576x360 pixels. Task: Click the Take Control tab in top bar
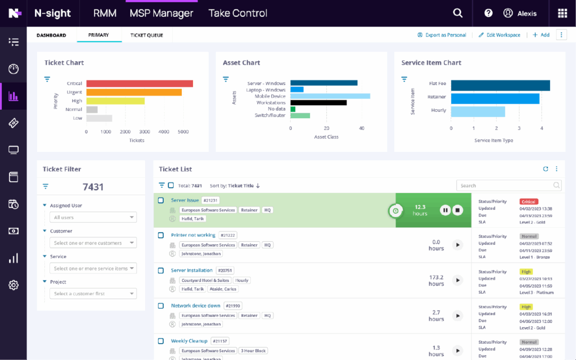coord(237,13)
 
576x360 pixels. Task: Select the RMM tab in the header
coord(105,13)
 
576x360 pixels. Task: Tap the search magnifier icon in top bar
coord(458,13)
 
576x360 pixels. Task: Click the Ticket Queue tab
coord(147,35)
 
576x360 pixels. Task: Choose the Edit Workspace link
coord(499,35)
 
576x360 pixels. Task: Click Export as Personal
coord(442,35)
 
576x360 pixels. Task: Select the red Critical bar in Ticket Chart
coord(139,83)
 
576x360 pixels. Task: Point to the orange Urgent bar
coord(134,92)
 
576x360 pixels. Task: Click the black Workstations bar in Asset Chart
coord(318,102)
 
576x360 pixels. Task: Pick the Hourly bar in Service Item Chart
coord(478,111)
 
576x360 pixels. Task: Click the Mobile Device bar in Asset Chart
coord(330,96)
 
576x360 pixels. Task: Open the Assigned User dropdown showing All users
coord(93,217)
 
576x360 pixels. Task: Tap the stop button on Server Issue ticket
coord(457,210)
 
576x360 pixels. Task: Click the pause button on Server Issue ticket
coord(445,210)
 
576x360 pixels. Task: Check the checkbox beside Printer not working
coord(161,235)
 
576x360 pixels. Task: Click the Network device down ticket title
coord(195,306)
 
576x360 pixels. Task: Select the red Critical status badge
coord(529,201)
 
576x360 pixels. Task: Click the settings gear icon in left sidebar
coord(13,285)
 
